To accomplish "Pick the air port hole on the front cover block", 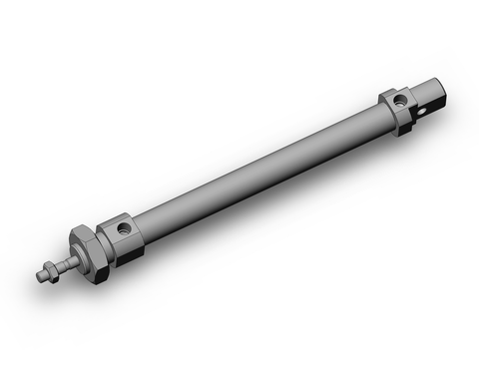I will tap(123, 228).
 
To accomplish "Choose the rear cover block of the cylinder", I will tap(399, 108).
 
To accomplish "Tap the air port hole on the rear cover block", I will tap(400, 99).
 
